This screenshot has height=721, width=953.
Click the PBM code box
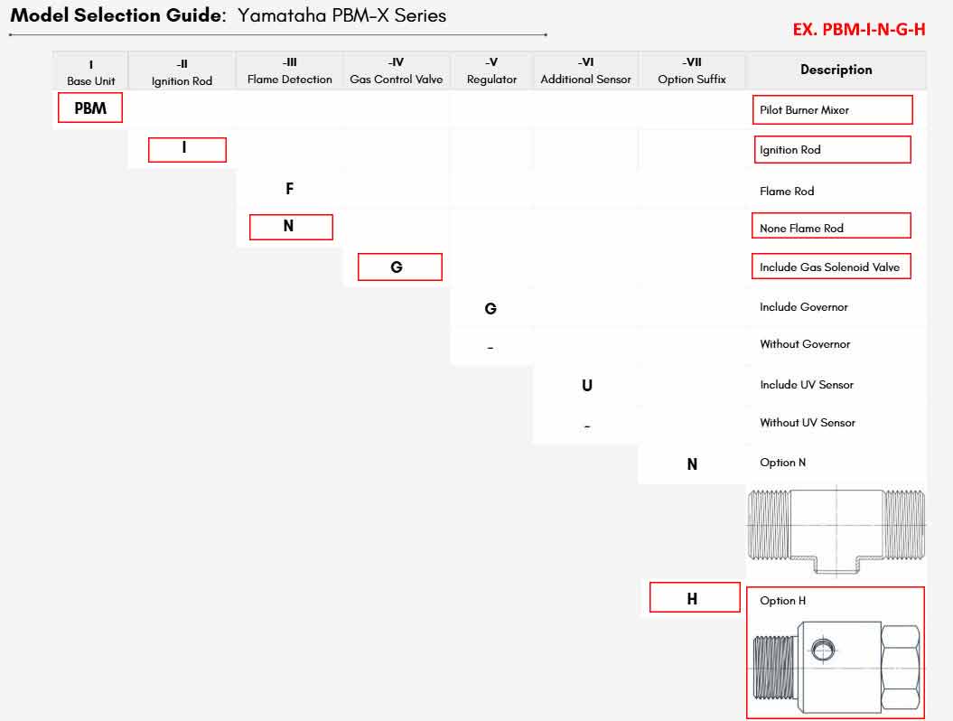[x=90, y=108]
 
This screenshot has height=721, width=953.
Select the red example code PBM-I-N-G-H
[x=859, y=29]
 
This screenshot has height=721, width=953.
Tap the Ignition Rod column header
[x=182, y=71]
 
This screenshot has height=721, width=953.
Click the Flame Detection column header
[x=289, y=70]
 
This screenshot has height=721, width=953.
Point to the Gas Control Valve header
[x=397, y=70]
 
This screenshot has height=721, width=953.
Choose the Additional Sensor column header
[x=586, y=70]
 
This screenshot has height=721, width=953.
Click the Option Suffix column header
[x=692, y=70]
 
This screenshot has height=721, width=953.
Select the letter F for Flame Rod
[x=289, y=189]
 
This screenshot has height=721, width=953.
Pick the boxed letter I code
[x=187, y=150]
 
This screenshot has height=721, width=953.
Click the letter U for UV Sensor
[x=586, y=386]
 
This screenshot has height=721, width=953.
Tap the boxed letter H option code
[x=695, y=597]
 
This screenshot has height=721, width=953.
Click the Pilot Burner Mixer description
[x=804, y=110]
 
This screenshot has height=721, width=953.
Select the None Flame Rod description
[x=801, y=228]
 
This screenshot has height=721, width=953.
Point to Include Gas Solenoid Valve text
[x=829, y=267]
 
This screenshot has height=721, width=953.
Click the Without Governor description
[x=805, y=344]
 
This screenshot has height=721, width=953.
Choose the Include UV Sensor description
[x=807, y=385]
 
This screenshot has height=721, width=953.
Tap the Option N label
[x=783, y=463]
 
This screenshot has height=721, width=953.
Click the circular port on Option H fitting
[x=824, y=650]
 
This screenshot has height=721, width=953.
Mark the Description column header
[x=836, y=70]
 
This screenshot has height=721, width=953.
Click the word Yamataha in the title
[x=282, y=15]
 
